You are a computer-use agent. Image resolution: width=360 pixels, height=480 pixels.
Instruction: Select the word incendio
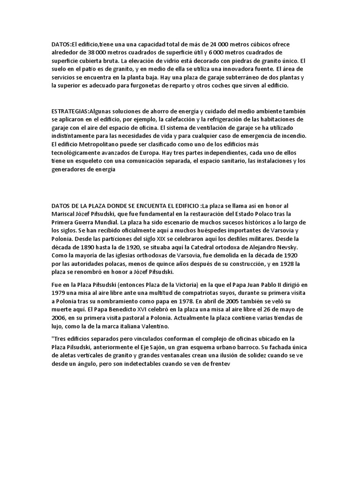click(x=289, y=136)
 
